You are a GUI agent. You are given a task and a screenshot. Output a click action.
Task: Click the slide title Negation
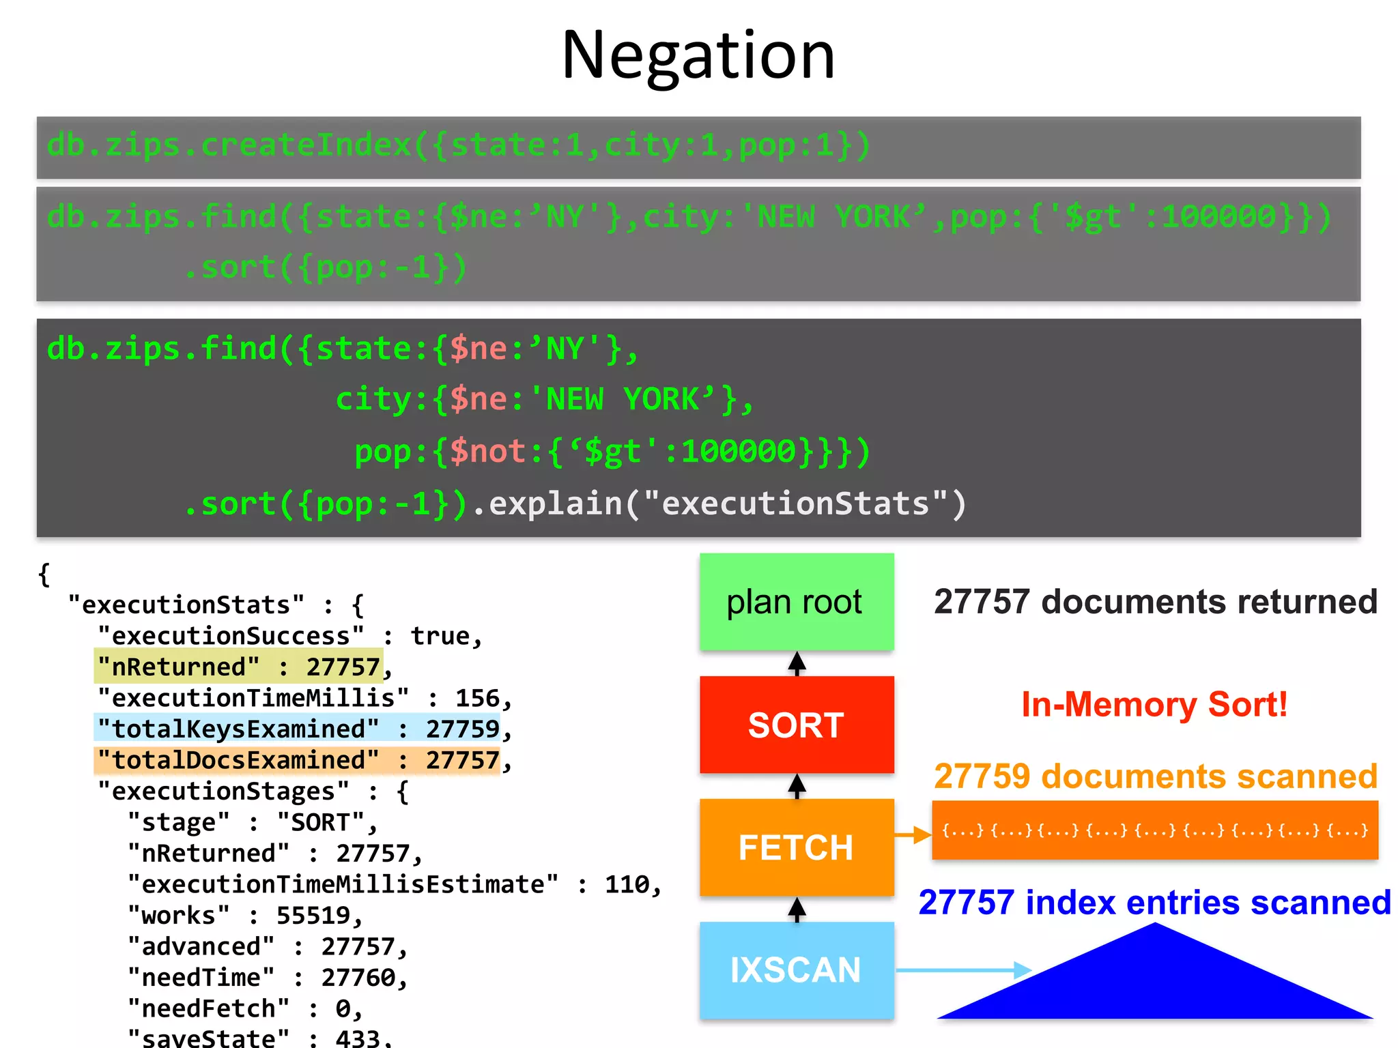click(698, 56)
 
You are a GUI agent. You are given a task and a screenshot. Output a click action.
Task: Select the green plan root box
click(796, 602)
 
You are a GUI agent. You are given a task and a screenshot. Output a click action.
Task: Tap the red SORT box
click(796, 725)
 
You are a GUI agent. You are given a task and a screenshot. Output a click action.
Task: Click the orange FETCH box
click(796, 847)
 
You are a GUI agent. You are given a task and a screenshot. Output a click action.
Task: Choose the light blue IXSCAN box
click(796, 970)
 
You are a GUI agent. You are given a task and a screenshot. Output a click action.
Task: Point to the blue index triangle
click(1155, 982)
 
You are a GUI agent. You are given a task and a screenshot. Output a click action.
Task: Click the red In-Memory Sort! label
click(1154, 705)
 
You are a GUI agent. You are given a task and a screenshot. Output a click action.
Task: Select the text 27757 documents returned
click(1155, 602)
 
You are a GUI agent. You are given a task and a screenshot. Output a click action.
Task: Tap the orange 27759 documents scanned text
click(1155, 776)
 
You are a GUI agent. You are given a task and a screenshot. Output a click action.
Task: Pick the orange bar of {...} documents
click(1155, 830)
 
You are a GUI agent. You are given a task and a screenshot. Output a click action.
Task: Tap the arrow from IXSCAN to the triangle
click(962, 970)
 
